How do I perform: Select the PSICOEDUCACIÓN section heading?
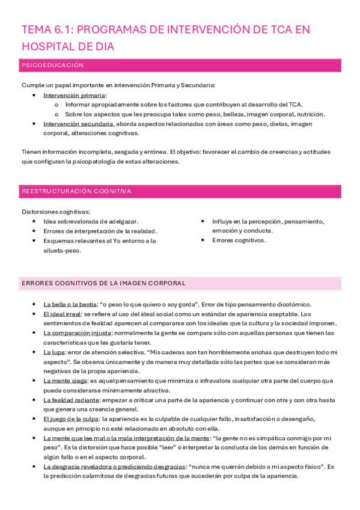pos(52,65)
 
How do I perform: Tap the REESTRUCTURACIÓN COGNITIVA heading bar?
pos(76,191)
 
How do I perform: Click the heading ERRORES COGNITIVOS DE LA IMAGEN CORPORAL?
pos(103,283)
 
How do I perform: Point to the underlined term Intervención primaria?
pos(75,95)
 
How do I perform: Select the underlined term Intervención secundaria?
pos(79,124)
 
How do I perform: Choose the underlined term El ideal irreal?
pos(63,314)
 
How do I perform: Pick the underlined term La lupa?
pos(54,352)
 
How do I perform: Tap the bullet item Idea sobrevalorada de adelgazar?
pos(91,221)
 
